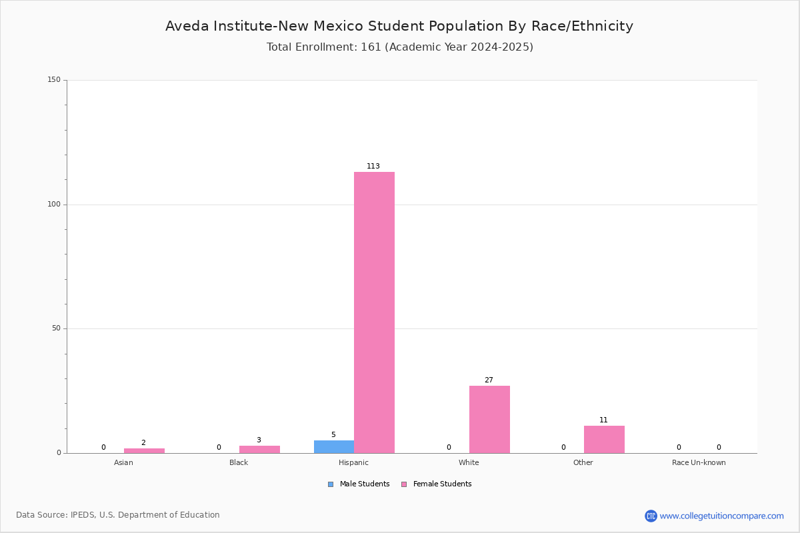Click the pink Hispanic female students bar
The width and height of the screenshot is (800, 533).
pyautogui.click(x=374, y=312)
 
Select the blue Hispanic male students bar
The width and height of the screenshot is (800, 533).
pyautogui.click(x=334, y=446)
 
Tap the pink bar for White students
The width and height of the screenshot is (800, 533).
pyautogui.click(x=489, y=420)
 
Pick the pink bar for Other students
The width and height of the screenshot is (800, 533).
pyautogui.click(x=604, y=440)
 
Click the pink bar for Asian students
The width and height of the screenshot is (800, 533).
pyautogui.click(x=144, y=450)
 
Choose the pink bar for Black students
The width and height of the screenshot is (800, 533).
pyautogui.click(x=259, y=450)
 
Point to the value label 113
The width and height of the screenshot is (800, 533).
pyautogui.click(x=373, y=166)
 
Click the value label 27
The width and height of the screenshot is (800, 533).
pyautogui.click(x=489, y=380)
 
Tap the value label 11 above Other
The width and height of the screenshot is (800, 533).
pyautogui.click(x=603, y=420)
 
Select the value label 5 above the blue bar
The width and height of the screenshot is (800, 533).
pyautogui.click(x=333, y=434)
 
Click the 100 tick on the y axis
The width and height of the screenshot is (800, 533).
pyautogui.click(x=54, y=204)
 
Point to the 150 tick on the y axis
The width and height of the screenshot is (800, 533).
pyautogui.click(x=54, y=79)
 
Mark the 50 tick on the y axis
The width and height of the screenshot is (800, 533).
pyautogui.click(x=56, y=328)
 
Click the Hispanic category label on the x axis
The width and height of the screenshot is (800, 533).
pyautogui.click(x=353, y=462)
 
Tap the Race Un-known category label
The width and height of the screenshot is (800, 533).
pyautogui.click(x=699, y=462)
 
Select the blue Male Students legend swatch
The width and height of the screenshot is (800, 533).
pyautogui.click(x=331, y=484)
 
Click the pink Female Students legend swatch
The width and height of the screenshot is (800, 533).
pyautogui.click(x=404, y=484)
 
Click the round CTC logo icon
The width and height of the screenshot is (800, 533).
pyautogui.click(x=651, y=516)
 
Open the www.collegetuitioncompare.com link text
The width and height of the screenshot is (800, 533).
pyautogui.click(x=721, y=516)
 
